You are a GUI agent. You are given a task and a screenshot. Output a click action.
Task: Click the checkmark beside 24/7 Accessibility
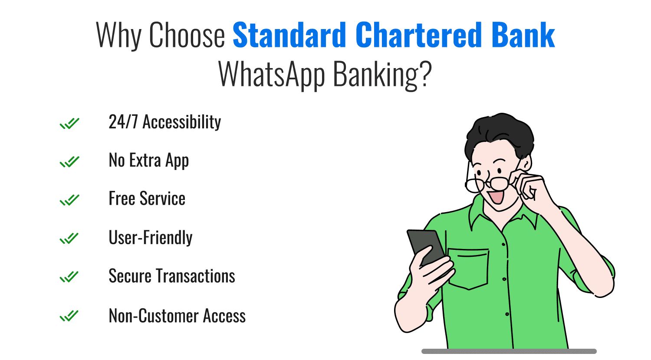coord(69,124)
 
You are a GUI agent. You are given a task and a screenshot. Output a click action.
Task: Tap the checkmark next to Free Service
coord(69,200)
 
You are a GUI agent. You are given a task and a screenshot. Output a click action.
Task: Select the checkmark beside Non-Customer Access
coord(69,316)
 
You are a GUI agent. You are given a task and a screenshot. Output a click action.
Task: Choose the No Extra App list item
coord(148,160)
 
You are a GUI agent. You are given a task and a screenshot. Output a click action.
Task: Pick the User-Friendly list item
coord(150,238)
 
